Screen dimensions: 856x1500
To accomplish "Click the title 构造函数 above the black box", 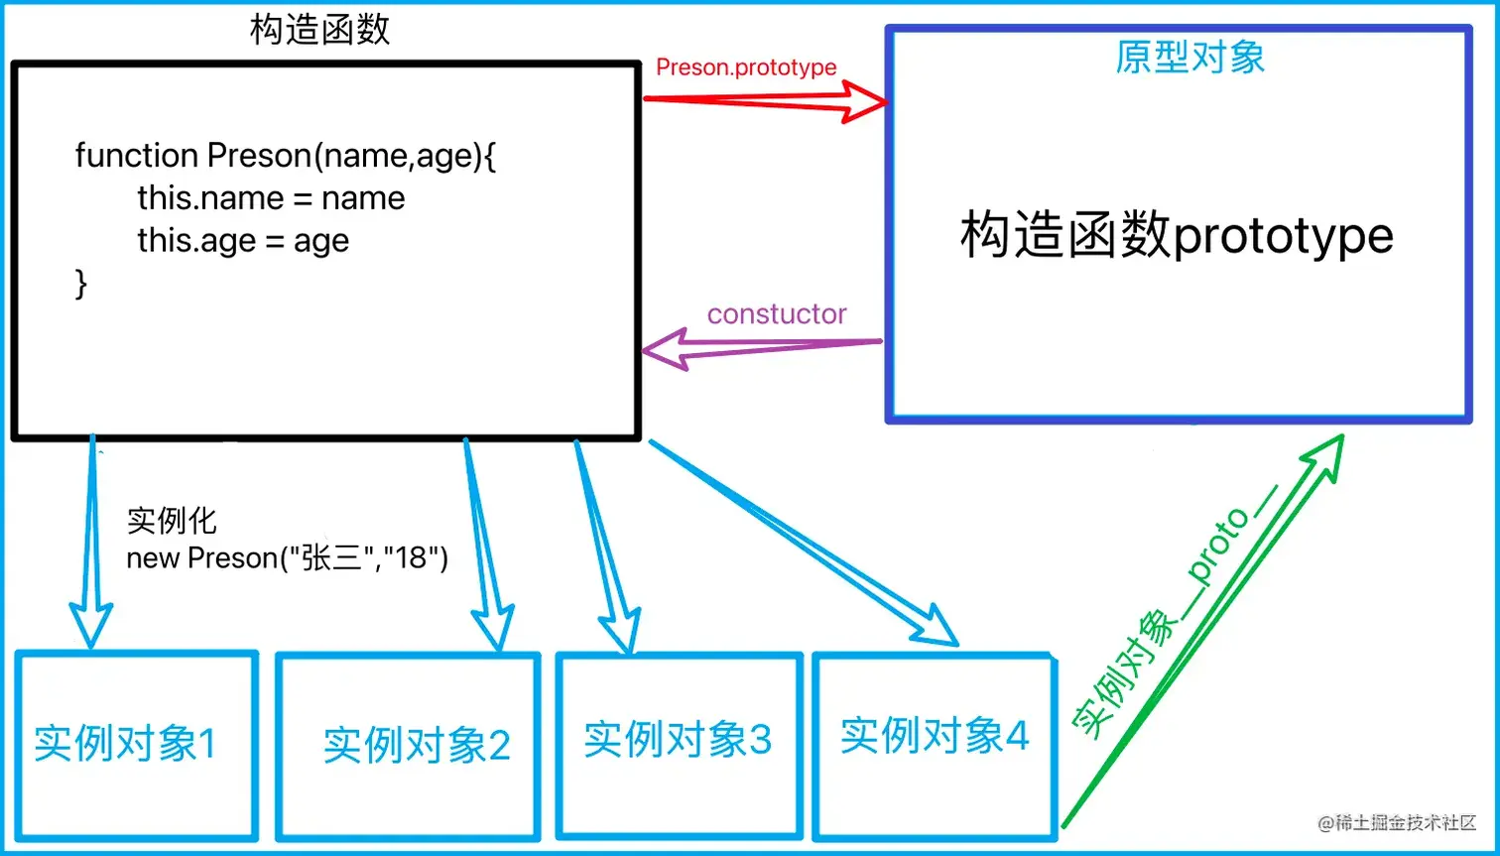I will pyautogui.click(x=320, y=31).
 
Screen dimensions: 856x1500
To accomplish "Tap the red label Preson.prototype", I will pyautogui.click(x=746, y=67).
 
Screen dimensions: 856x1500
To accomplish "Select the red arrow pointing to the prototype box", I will pyautogui.click(x=764, y=100).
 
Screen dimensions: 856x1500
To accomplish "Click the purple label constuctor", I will pyautogui.click(x=776, y=314).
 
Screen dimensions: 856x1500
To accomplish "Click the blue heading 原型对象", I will pyautogui.click(x=1189, y=58).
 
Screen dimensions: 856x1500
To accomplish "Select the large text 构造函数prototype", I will pyautogui.click(x=1177, y=238).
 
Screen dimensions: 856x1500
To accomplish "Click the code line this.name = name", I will pyautogui.click(x=271, y=198).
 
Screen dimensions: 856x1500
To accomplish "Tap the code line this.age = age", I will pyautogui.click(x=243, y=241).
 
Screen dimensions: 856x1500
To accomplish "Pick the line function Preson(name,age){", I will pyautogui.click(x=285, y=156).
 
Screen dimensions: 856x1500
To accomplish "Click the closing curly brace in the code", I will pyautogui.click(x=81, y=284).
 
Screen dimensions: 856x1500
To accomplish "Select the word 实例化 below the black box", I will pyautogui.click(x=171, y=522).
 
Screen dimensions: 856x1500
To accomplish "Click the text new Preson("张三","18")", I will pyautogui.click(x=288, y=558).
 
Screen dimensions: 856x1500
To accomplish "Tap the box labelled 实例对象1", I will pyautogui.click(x=136, y=744).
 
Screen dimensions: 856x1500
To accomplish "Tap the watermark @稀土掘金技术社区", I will pyautogui.click(x=1397, y=823).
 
